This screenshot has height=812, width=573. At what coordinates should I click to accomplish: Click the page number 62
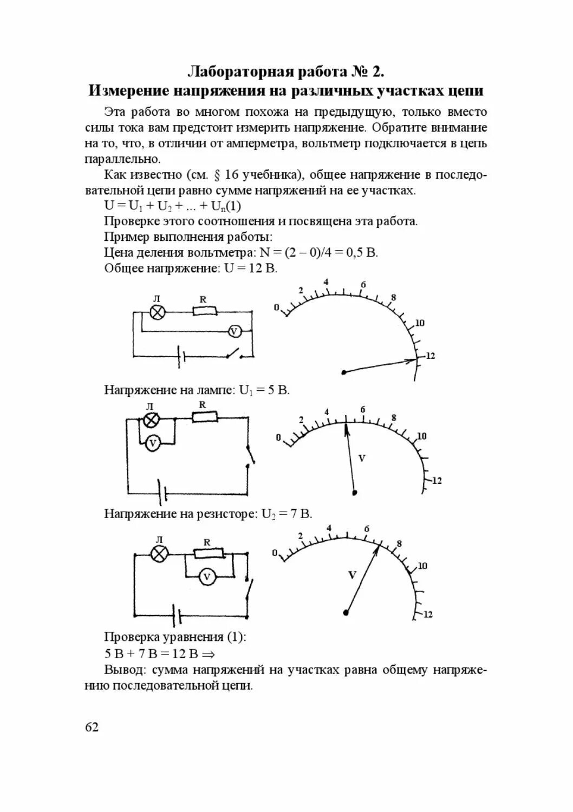(92, 726)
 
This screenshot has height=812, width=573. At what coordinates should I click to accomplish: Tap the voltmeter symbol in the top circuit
(234, 331)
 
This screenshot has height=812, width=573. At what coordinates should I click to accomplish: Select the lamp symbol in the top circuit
(157, 312)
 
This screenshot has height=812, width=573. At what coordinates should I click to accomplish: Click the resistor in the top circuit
(205, 311)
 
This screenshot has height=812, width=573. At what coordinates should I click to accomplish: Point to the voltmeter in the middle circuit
(153, 443)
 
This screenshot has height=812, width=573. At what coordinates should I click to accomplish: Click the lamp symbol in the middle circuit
(151, 419)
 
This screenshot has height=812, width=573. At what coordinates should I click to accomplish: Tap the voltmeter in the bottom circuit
(206, 577)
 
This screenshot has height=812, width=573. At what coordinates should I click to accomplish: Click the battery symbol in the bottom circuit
(178, 614)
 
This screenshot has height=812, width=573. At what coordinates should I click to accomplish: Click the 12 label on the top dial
(430, 356)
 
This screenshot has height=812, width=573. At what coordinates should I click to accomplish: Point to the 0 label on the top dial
(276, 307)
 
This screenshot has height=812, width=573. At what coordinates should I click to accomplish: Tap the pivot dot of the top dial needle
(343, 372)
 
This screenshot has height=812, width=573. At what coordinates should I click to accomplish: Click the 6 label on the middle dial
(363, 410)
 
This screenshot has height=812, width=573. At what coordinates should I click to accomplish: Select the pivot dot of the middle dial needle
(355, 493)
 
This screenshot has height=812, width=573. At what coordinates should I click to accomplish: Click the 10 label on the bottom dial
(422, 566)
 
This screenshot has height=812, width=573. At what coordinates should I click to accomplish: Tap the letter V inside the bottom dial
(352, 575)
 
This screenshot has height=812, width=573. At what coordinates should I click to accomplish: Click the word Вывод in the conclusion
(124, 670)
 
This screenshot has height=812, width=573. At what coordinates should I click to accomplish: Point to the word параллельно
(122, 159)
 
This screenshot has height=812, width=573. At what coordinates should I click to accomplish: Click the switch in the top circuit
(235, 355)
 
